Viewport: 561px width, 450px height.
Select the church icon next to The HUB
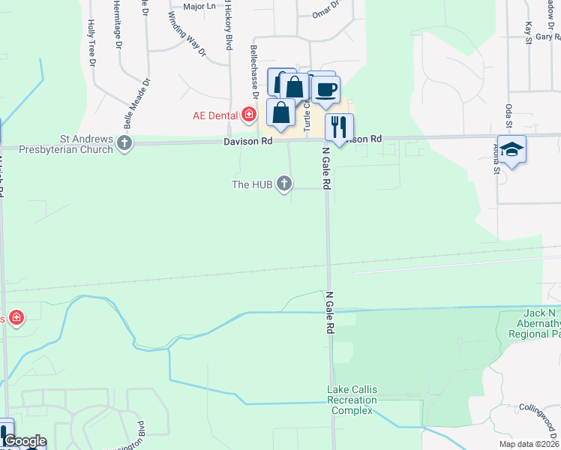click(284, 183)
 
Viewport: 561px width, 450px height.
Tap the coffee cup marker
click(326, 89)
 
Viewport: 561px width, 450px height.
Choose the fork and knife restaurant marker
click(339, 127)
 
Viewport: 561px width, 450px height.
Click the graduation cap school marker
click(511, 149)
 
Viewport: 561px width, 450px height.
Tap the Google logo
click(25, 442)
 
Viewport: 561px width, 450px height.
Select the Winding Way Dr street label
click(186, 34)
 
